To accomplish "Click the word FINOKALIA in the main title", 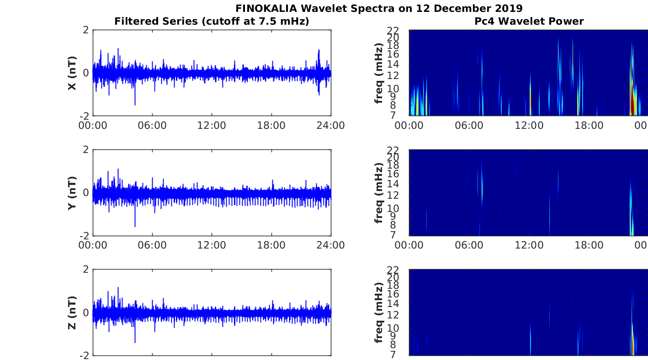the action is pyautogui.click(x=266, y=8).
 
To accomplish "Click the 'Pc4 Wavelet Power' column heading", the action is pyautogui.click(x=529, y=21).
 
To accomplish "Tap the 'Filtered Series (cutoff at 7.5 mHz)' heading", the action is pyautogui.click(x=212, y=21).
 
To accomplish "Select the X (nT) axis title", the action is pyautogui.click(x=72, y=73).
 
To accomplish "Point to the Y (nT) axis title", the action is pyautogui.click(x=72, y=193).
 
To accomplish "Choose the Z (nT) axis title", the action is pyautogui.click(x=72, y=312).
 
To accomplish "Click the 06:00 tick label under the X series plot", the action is pyautogui.click(x=152, y=126).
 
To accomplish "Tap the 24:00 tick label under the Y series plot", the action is pyautogui.click(x=330, y=245).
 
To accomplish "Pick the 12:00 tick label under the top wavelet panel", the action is pyautogui.click(x=529, y=126).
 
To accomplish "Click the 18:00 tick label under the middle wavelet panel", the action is pyautogui.click(x=589, y=245).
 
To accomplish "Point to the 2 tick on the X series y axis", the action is pyautogui.click(x=85, y=30).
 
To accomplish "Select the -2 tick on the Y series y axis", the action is pyautogui.click(x=84, y=236).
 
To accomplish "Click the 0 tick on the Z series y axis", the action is pyautogui.click(x=85, y=312).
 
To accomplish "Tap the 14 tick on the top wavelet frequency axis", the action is pyautogui.click(x=393, y=64).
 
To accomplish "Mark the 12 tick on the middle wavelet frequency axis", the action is pyautogui.click(x=393, y=195).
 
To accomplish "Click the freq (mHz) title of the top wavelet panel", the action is pyautogui.click(x=378, y=73).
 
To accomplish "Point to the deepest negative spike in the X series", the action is pyautogui.click(x=135, y=104).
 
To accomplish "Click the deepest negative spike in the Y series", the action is pyautogui.click(x=135, y=226).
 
